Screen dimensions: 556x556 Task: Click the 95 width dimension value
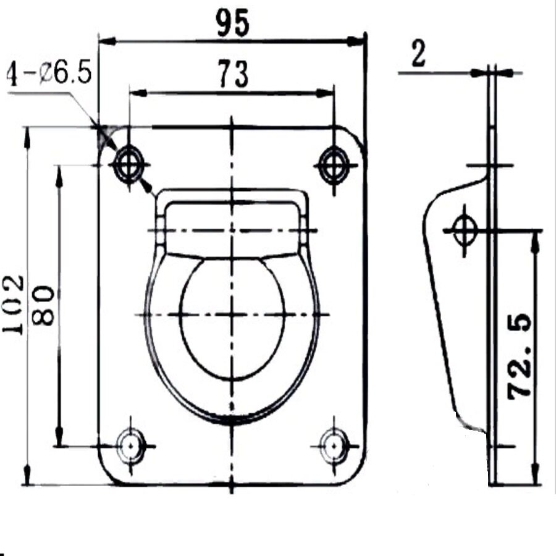tap(233, 23)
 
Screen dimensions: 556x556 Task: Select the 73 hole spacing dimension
tap(233, 74)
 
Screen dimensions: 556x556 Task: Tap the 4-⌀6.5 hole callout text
tap(49, 73)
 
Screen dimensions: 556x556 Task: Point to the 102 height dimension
tap(13, 305)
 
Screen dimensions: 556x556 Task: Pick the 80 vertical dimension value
tap(43, 305)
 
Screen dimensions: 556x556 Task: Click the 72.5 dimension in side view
tap(520, 356)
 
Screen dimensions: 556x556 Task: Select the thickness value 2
tap(418, 54)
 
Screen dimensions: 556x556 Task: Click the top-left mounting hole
tap(129, 165)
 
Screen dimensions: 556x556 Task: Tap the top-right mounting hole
tap(334, 165)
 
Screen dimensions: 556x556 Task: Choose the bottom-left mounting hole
tap(131, 445)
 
